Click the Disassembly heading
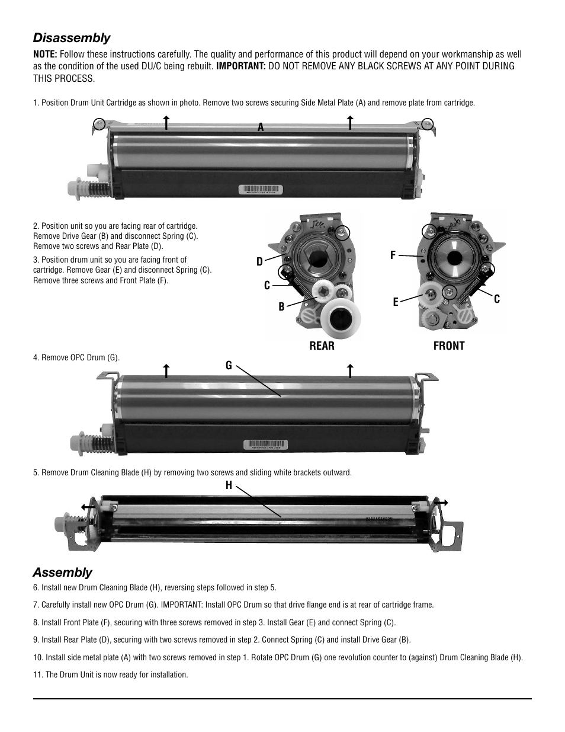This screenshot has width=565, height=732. pyautogui.click(x=72, y=38)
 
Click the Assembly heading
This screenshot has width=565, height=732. pyautogui.click(x=62, y=572)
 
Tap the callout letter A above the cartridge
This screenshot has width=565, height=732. pyautogui.click(x=260, y=127)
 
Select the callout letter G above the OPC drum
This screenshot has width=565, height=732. pyautogui.click(x=229, y=366)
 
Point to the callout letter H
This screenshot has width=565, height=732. pyautogui.click(x=229, y=485)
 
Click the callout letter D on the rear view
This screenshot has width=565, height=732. pyautogui.click(x=259, y=262)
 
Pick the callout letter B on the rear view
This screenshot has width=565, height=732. pyautogui.click(x=281, y=306)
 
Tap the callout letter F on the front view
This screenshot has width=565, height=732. pyautogui.click(x=393, y=255)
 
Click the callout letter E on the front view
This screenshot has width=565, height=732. pyautogui.click(x=396, y=302)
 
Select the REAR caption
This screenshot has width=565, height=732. pyautogui.click(x=322, y=346)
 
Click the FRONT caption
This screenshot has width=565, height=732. pyautogui.click(x=448, y=346)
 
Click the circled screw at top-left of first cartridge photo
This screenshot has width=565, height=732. pyautogui.click(x=99, y=124)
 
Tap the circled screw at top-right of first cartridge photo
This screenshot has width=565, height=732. pyautogui.click(x=428, y=123)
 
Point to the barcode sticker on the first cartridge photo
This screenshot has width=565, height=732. pyautogui.click(x=261, y=190)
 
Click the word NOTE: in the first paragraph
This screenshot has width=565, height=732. pyautogui.click(x=45, y=55)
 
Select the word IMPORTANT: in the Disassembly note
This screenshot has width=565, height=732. pyautogui.click(x=240, y=66)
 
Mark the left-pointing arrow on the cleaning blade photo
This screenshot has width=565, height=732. pyautogui.click(x=87, y=507)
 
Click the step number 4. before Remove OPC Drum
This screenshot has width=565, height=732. pyautogui.click(x=36, y=358)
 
